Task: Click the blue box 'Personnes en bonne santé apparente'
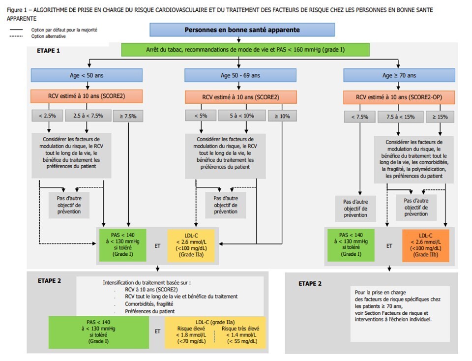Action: pyautogui.click(x=242, y=30)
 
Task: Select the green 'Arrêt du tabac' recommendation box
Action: pyautogui.click(x=245, y=50)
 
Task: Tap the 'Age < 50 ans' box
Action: pyautogui.click(x=87, y=75)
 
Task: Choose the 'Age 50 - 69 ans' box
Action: pyautogui.click(x=240, y=75)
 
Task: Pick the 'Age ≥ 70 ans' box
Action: pyautogui.click(x=399, y=75)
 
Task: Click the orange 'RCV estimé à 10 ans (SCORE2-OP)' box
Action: pyautogui.click(x=399, y=97)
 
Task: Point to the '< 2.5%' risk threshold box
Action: pyautogui.click(x=48, y=116)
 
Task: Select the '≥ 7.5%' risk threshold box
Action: pyautogui.click(x=128, y=116)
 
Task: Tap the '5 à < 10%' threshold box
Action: pyautogui.click(x=242, y=116)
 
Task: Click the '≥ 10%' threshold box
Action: pyautogui.click(x=282, y=116)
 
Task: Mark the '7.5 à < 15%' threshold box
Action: pyautogui.click(x=400, y=117)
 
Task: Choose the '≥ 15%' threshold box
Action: pyautogui.click(x=440, y=117)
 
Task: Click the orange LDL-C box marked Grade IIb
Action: pyautogui.click(x=426, y=245)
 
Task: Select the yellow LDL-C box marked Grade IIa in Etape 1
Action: pyautogui.click(x=191, y=245)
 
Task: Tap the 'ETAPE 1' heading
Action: pyautogui.click(x=48, y=51)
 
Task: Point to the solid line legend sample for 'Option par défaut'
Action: pyautogui.click(x=16, y=30)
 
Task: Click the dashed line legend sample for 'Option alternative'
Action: pyautogui.click(x=16, y=36)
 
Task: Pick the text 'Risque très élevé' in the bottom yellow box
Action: pyautogui.click(x=240, y=329)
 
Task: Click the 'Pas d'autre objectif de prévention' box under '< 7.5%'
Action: pyautogui.click(x=355, y=209)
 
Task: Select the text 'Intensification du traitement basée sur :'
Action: pyautogui.click(x=147, y=283)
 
